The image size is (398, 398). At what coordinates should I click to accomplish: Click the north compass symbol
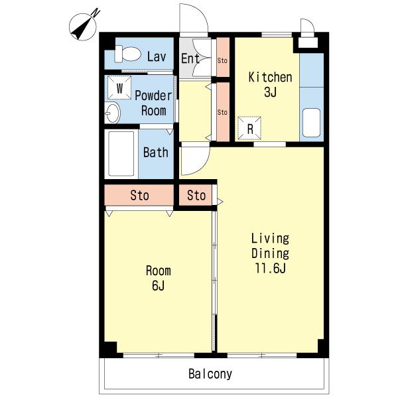tap(83, 27)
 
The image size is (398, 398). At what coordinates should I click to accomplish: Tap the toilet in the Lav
tap(127, 54)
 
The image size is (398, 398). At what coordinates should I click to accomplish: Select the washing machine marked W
tap(119, 88)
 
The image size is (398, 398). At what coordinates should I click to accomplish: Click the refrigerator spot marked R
tap(249, 128)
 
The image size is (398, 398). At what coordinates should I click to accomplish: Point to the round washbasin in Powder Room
tap(113, 113)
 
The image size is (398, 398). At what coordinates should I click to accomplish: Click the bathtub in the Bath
tap(121, 154)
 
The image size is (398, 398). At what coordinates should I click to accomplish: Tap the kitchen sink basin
tap(312, 123)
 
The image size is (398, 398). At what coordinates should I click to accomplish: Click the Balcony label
tap(210, 374)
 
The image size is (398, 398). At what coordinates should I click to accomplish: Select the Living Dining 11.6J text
tap(270, 253)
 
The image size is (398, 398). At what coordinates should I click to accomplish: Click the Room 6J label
tap(158, 278)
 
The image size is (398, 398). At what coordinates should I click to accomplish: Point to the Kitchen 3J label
tap(270, 84)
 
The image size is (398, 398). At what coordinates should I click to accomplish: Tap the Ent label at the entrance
tap(190, 58)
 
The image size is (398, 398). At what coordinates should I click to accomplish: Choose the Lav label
tap(157, 56)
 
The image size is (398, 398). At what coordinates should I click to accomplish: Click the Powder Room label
tap(153, 103)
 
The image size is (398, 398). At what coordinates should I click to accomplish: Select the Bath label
tap(156, 153)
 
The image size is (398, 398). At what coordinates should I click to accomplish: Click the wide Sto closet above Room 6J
tap(139, 195)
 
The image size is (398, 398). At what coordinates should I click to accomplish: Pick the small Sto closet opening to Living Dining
tap(196, 195)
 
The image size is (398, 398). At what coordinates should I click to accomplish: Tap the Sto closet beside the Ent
tap(223, 57)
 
